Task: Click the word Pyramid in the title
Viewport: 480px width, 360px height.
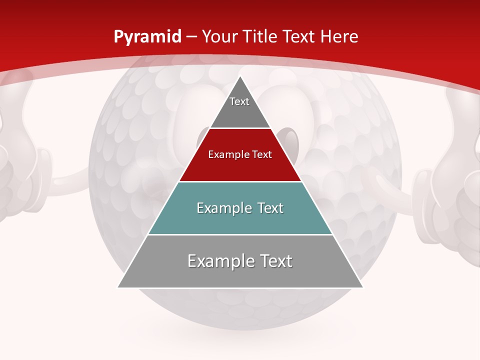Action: [x=147, y=37]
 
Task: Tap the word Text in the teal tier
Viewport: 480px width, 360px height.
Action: [x=268, y=208]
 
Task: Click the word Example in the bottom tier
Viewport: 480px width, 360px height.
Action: [x=220, y=261]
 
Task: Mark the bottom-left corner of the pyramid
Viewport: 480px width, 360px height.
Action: [x=118, y=287]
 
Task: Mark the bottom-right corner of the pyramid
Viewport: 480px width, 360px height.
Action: [x=362, y=287]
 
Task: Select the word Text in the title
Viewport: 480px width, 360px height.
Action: [x=300, y=36]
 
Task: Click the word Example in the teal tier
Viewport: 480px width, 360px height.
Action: [x=222, y=208]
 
